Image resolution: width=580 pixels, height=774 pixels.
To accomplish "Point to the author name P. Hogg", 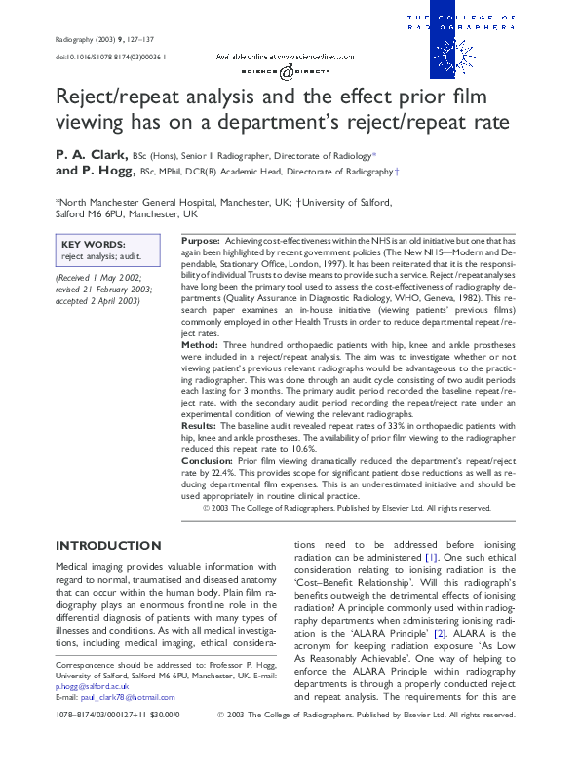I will tap(107, 171).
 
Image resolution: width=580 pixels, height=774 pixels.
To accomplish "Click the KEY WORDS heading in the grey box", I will tap(93, 245).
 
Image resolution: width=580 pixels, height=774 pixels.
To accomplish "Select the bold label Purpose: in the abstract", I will tap(201, 240).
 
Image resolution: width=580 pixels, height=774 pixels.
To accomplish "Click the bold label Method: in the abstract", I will tap(202, 345).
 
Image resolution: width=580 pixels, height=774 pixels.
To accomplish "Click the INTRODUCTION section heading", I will tap(108, 545).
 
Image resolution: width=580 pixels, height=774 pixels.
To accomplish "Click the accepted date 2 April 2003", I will tap(107, 299).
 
